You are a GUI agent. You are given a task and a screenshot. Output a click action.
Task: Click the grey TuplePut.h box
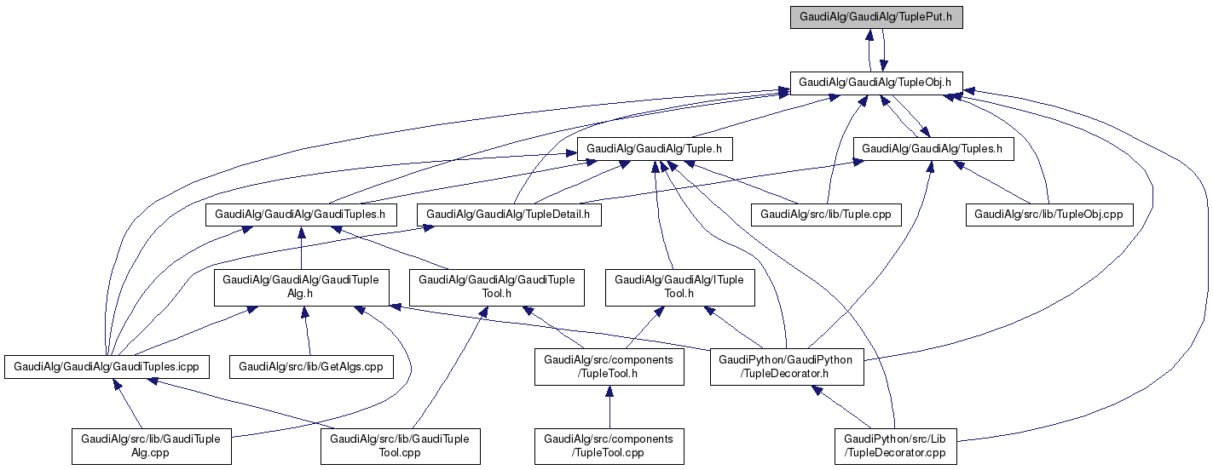tap(876, 17)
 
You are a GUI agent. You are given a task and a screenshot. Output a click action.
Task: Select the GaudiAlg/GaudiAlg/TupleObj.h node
tap(876, 83)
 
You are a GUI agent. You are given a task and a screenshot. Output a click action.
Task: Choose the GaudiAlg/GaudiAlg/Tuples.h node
tap(933, 149)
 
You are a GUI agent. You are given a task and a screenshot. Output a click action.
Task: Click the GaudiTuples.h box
tap(301, 215)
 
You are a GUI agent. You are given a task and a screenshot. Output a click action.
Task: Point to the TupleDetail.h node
tap(508, 215)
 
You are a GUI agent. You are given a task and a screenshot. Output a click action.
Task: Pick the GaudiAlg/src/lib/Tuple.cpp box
tap(825, 215)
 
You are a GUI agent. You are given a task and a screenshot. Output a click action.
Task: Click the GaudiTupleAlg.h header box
tap(302, 287)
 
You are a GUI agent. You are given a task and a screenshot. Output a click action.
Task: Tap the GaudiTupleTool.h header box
tap(497, 287)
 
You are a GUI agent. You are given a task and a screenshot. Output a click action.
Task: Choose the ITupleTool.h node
tap(679, 287)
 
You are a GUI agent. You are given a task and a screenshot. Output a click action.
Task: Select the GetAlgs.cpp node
tap(311, 367)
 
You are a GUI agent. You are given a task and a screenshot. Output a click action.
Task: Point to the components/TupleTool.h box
tap(609, 367)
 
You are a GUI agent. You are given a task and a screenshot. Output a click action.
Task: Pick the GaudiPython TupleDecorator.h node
tap(786, 367)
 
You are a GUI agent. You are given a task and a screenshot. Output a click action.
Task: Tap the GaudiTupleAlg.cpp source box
tap(151, 446)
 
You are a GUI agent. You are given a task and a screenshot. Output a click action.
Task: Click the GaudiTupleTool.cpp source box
tap(400, 446)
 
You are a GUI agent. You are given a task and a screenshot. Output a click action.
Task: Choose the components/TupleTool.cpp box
tap(609, 446)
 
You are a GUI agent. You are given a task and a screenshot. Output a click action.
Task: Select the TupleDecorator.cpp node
tap(895, 446)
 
